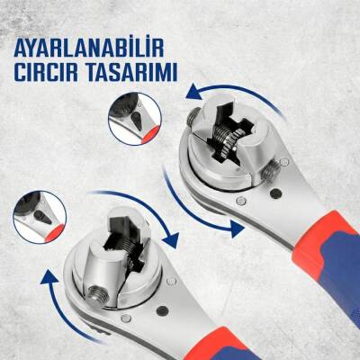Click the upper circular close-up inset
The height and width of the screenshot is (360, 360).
pyautogui.click(x=130, y=120)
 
